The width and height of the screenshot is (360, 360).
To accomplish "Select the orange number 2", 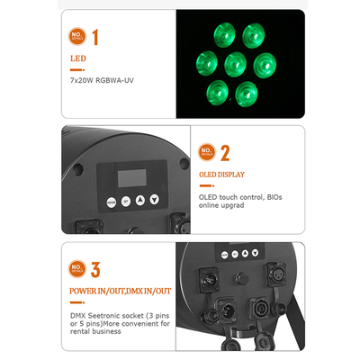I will pyautogui.click(x=225, y=153).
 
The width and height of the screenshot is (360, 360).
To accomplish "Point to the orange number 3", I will pyautogui.click(x=94, y=269).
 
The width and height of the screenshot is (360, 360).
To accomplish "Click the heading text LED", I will pyautogui.click(x=78, y=60).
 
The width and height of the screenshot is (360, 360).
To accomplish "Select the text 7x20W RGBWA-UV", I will pyautogui.click(x=103, y=80).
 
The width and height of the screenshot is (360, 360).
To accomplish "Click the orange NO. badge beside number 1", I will pyautogui.click(x=76, y=37).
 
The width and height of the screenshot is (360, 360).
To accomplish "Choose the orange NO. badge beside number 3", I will pyautogui.click(x=76, y=269).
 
